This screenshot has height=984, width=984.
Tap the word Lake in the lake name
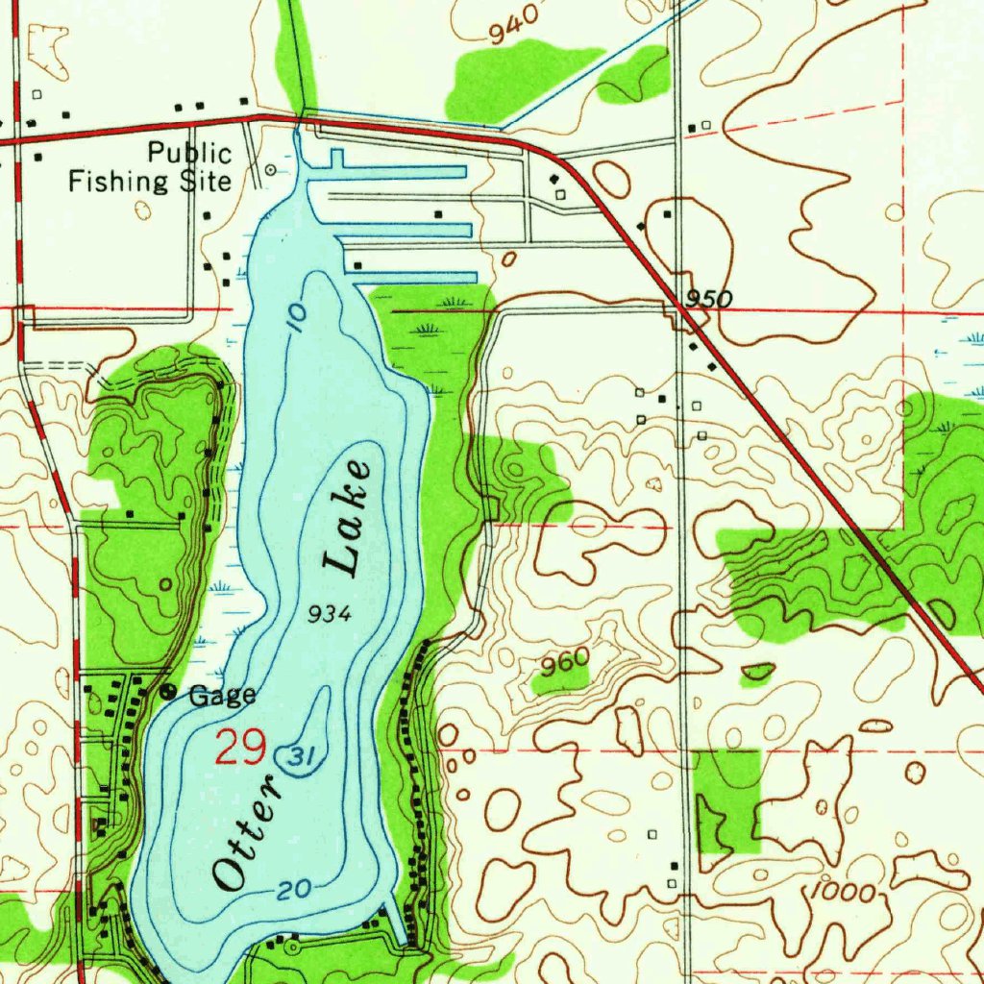(x=347, y=519)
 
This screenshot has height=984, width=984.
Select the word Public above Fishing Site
(x=189, y=153)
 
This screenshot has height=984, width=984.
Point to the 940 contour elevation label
(x=507, y=33)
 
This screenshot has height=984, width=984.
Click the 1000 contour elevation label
(x=842, y=892)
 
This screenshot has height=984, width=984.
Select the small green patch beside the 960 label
(x=560, y=680)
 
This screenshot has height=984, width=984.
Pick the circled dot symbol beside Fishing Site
(x=271, y=169)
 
